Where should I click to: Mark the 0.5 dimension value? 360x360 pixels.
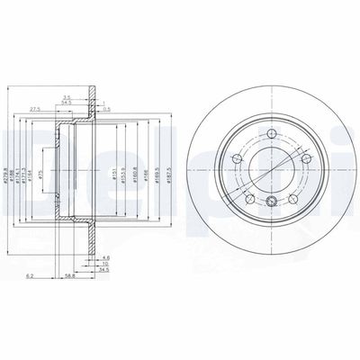[106, 109]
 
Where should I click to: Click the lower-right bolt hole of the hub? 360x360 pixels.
[293, 199]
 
